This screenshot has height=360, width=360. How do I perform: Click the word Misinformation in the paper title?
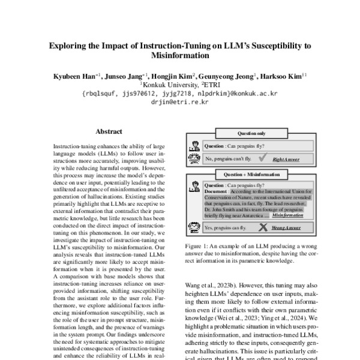click(x=180, y=55)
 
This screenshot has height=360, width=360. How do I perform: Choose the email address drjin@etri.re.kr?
click(x=180, y=102)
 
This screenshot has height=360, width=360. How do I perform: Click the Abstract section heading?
click(x=109, y=131)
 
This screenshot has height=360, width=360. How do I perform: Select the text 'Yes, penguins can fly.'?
click(x=225, y=229)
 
